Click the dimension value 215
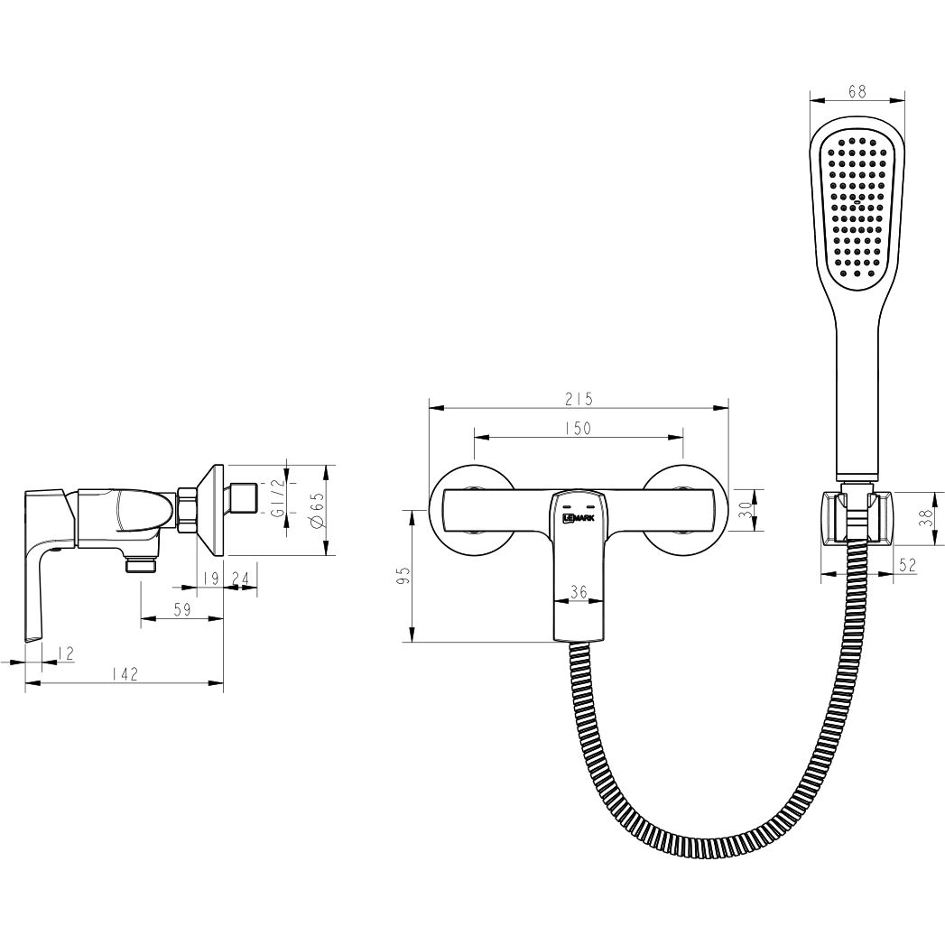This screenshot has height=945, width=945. click(578, 398)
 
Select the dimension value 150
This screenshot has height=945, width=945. click(578, 429)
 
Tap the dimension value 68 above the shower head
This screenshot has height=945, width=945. click(857, 90)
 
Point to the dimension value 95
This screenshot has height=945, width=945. click(403, 575)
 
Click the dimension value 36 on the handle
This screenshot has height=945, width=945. click(579, 592)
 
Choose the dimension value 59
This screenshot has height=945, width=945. click(181, 609)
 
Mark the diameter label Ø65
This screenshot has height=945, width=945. click(316, 510)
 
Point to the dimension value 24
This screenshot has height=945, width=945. click(240, 579)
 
